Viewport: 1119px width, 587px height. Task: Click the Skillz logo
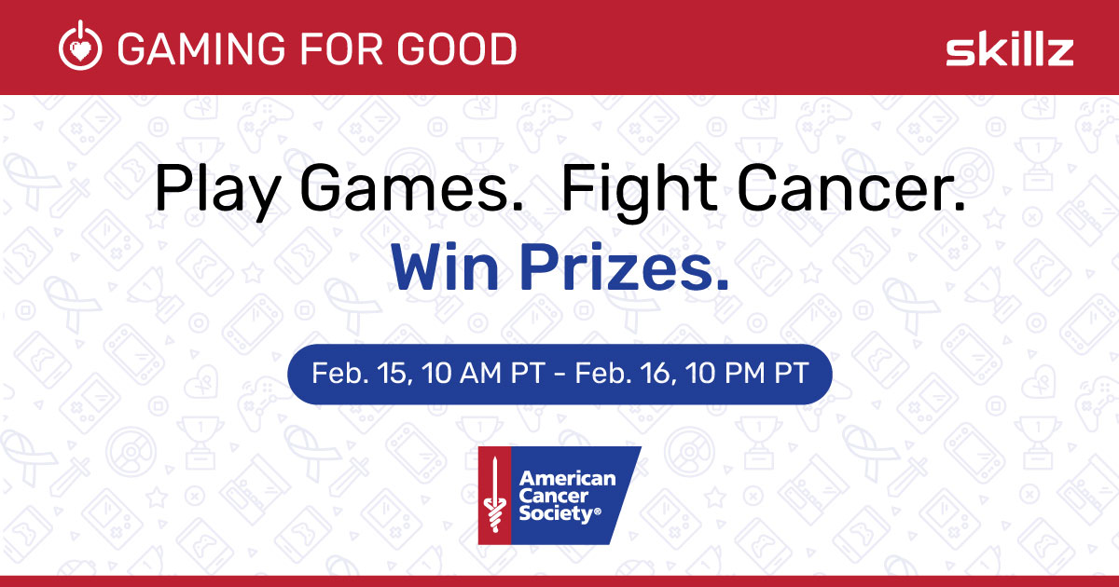click(x=1010, y=48)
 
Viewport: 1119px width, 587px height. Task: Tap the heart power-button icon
click(x=80, y=46)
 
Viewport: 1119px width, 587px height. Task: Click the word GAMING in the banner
click(x=201, y=48)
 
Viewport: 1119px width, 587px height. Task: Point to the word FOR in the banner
click(x=342, y=48)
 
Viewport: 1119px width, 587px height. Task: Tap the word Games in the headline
click(x=410, y=189)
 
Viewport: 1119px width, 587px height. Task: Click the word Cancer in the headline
click(x=850, y=189)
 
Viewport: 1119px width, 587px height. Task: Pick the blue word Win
click(x=444, y=267)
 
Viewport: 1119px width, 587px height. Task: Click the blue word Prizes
click(x=624, y=267)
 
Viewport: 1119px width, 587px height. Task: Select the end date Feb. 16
click(x=626, y=373)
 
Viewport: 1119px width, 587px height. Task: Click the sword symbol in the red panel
click(x=494, y=495)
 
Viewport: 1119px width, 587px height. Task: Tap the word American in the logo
click(x=568, y=479)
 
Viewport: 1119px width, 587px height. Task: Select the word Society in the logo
click(x=559, y=513)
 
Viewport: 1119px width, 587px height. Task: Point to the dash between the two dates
click(x=559, y=374)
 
